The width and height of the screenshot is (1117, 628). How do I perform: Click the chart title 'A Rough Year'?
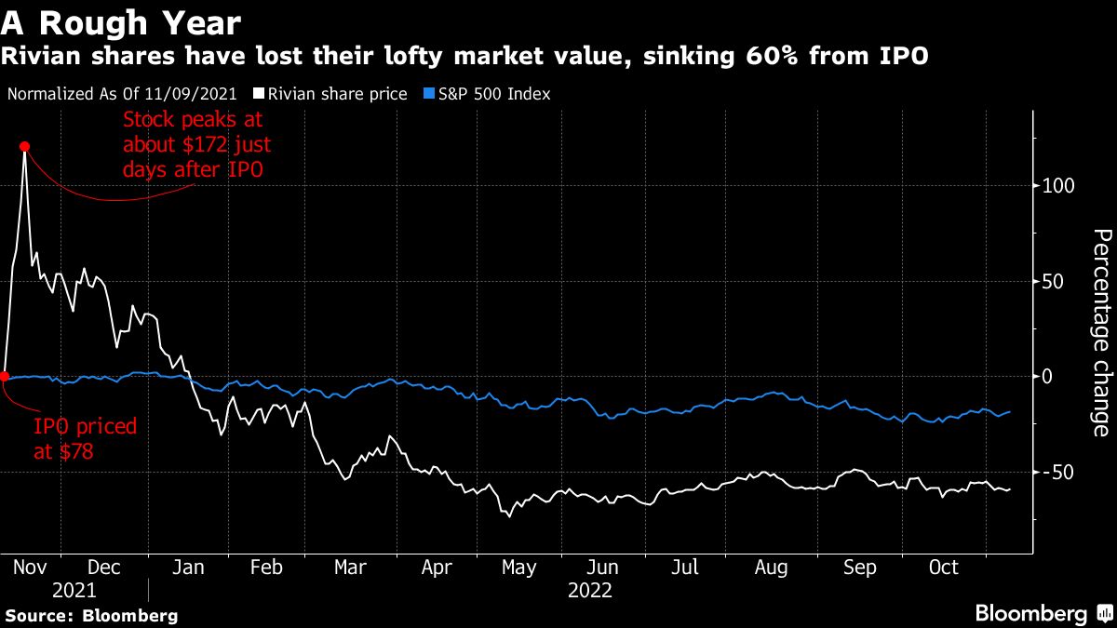pos(121,21)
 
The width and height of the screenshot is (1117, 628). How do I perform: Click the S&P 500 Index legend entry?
pos(485,94)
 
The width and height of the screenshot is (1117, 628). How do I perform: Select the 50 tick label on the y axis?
pos(1053,282)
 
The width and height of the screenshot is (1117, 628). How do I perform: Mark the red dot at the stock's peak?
pos(24,146)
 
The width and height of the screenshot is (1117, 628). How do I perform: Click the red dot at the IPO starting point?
pos(4,377)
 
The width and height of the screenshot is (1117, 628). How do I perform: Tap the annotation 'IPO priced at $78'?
pos(85,438)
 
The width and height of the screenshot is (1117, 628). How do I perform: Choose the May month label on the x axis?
pos(518,568)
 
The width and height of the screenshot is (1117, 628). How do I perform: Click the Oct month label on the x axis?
pos(944,568)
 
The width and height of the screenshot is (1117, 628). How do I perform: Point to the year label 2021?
pos(74,591)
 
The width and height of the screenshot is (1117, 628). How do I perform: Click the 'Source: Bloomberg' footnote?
pos(91,615)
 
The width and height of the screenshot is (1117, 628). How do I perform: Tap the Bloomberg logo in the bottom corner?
pos(1043,613)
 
